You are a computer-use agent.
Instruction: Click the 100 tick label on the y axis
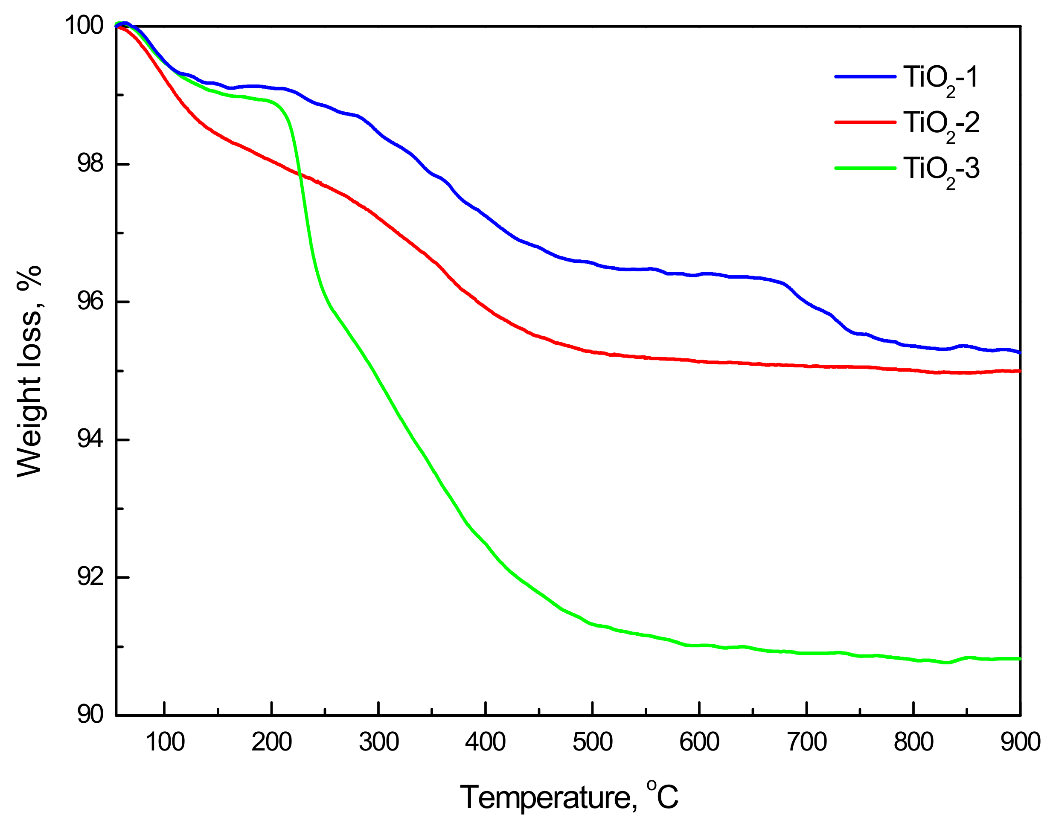(84, 25)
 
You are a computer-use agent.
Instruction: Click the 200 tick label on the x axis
(272, 742)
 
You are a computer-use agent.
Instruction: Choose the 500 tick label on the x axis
(592, 742)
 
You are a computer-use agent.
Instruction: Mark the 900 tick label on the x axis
(1020, 742)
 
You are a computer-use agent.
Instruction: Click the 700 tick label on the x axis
(806, 742)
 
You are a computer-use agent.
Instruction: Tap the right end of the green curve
(1019, 659)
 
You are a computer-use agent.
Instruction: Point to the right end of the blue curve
(1019, 352)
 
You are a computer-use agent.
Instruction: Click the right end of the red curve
(1019, 371)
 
